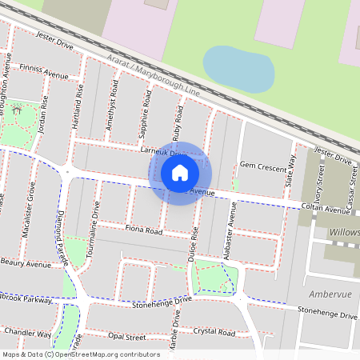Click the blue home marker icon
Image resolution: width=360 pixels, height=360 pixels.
click(x=180, y=172)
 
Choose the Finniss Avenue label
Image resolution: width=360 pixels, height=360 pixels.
click(x=43, y=73)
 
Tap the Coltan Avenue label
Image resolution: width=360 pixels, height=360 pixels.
click(x=326, y=210)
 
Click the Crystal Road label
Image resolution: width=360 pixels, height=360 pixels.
click(x=214, y=332)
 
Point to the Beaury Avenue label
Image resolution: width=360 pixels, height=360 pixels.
click(x=26, y=262)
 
